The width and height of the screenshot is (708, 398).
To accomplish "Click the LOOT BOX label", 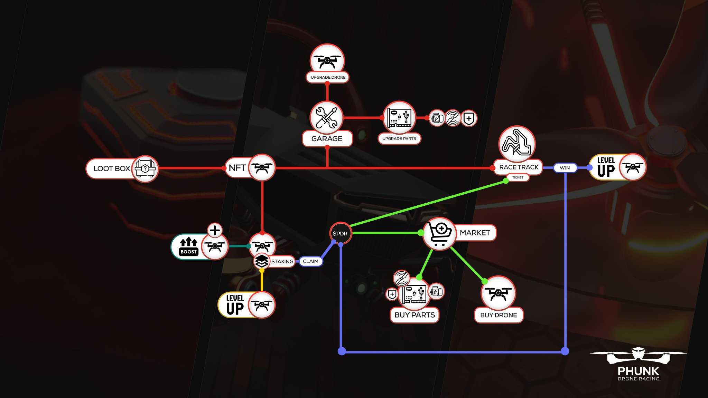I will tap(111, 168).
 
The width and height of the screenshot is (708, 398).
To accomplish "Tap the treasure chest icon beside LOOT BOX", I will tap(145, 169).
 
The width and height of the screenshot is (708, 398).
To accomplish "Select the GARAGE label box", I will tap(327, 139).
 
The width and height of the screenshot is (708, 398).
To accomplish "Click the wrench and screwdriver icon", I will tap(326, 117).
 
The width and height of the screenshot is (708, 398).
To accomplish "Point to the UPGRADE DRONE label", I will tap(328, 77).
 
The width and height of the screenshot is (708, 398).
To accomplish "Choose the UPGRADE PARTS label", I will tap(399, 138).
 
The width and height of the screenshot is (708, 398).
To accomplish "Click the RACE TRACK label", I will tap(519, 167).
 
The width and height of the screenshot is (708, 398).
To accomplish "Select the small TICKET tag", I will tap(518, 177).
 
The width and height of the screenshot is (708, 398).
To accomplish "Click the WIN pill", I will tap(565, 168).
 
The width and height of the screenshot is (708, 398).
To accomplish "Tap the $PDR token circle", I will tap(340, 233).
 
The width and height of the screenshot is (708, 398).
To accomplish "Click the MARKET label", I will tap(475, 233).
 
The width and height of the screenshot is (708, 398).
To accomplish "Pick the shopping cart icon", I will tap(439, 233).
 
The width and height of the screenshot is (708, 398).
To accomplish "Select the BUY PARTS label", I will tap(414, 315).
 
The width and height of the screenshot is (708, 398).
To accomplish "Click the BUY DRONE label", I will tap(498, 315).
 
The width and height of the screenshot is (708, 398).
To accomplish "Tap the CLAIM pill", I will tap(310, 261).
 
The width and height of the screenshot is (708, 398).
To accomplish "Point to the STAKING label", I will tap(282, 261).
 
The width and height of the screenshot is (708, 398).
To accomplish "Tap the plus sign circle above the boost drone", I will tap(215, 230).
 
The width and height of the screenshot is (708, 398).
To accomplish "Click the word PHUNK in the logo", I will tap(638, 371).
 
